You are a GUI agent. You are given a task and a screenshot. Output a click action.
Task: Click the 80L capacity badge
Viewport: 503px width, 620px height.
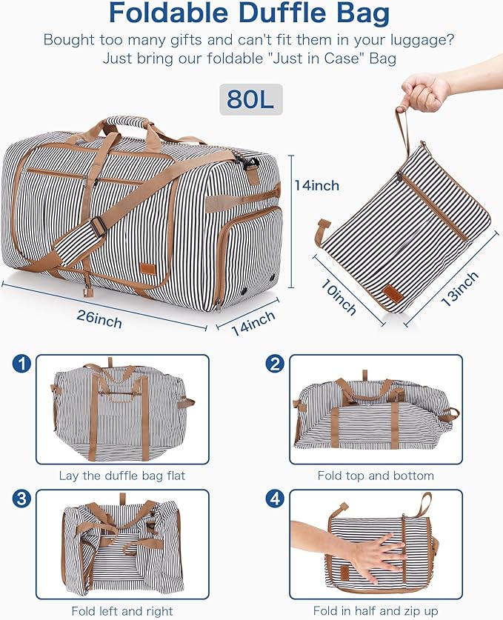(250, 99)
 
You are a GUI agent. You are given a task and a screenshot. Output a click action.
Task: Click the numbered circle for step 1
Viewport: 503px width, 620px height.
(22, 364)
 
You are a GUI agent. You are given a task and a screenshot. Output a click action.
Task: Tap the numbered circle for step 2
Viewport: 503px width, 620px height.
(276, 364)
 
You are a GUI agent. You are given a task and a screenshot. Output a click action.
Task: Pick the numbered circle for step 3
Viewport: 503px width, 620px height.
(22, 499)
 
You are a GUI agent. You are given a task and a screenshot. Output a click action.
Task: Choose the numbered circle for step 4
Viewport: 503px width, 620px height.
(276, 499)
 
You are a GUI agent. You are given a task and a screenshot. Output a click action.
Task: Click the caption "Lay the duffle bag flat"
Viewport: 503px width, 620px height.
(122, 476)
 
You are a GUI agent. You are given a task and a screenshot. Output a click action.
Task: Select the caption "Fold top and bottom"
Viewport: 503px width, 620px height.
(376, 476)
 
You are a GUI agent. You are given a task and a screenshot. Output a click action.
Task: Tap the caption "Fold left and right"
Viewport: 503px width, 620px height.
(122, 611)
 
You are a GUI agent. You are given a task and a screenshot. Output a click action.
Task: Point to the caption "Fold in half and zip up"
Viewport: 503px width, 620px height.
(376, 611)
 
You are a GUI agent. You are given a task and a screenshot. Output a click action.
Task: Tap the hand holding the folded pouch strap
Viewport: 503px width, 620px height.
(430, 90)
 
